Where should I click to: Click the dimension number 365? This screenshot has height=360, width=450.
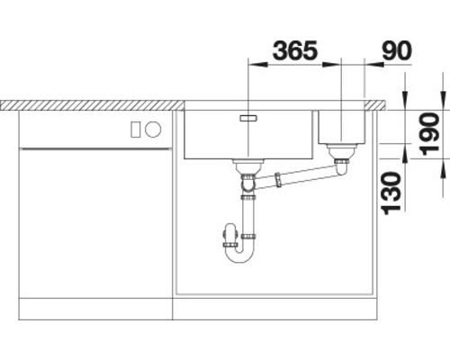[x=295, y=50]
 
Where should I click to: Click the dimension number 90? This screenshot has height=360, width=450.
[x=397, y=50]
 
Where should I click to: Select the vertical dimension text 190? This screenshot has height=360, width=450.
[x=430, y=133]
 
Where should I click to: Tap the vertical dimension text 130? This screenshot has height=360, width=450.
[x=391, y=193]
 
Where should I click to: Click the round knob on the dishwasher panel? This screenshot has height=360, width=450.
[x=153, y=130]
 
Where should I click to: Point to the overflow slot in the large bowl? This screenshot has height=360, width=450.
[x=248, y=118]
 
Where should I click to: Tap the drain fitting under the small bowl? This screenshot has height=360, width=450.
[x=342, y=151]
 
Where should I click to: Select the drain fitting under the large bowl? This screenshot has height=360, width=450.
[x=248, y=166]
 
